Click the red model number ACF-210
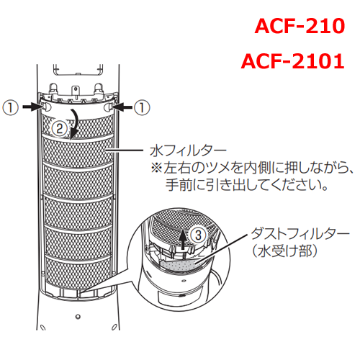pyautogui.click(x=300, y=26)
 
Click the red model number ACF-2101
pyautogui.click(x=293, y=61)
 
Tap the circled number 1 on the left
pyautogui.click(x=10, y=108)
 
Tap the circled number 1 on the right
pyautogui.click(x=142, y=108)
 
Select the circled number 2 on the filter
pyautogui.click(x=59, y=128)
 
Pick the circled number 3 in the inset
pyautogui.click(x=198, y=235)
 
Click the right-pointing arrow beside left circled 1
pyautogui.click(x=32, y=107)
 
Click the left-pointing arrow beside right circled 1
pyautogui.click(x=122, y=107)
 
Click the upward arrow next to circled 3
pyautogui.click(x=183, y=238)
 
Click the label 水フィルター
pyautogui.click(x=188, y=150)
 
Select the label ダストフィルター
pyautogui.click(x=300, y=233)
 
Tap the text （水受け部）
pyautogui.click(x=284, y=251)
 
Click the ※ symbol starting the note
pyautogui.click(x=157, y=168)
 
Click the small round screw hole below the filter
pyautogui.click(x=78, y=317)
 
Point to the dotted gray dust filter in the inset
pyautogui.click(x=180, y=266)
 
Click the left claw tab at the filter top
pyautogui.click(x=46, y=107)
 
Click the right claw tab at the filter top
pyautogui.click(x=108, y=107)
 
